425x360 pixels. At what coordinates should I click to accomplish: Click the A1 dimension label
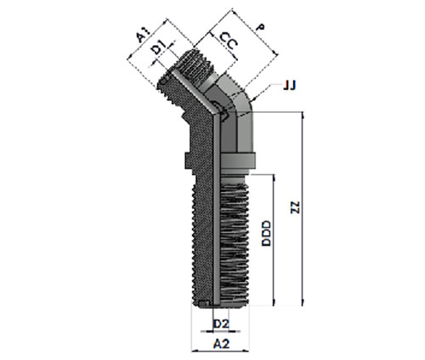point(144,36)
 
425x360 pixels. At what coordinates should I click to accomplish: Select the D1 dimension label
point(158,48)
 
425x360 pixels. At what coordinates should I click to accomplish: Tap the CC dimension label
point(229,41)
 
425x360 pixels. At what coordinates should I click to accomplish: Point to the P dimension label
point(260,28)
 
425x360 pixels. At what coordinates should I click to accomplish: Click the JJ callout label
point(290,85)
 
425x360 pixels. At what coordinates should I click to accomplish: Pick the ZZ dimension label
point(296,207)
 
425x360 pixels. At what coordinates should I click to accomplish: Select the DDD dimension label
point(266,233)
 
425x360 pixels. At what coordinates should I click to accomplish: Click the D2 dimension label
point(221,323)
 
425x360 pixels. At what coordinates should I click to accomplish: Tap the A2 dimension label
point(221,344)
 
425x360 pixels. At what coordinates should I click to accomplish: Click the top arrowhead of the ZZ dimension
point(303,115)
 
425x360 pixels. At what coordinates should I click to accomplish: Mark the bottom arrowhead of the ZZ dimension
point(303,303)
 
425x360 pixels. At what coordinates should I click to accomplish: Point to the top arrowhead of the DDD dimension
point(274,177)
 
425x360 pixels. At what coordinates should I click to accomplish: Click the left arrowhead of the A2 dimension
point(195,351)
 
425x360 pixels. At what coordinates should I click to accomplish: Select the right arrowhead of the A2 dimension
point(246,351)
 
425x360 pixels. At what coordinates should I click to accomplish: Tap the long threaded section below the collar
point(220,245)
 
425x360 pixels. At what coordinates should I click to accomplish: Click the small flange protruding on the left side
point(190,160)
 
